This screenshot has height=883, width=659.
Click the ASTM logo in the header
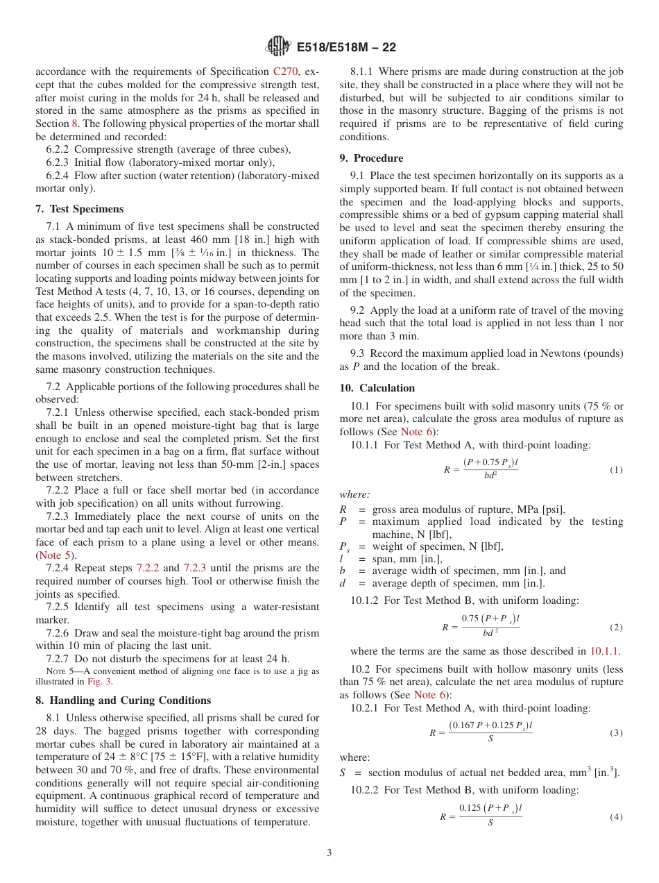(278, 47)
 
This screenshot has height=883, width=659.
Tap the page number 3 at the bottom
(329, 852)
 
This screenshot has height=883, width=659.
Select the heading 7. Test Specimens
(79, 209)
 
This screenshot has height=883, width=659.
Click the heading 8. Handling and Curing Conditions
(123, 700)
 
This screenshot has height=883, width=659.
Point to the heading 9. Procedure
(371, 158)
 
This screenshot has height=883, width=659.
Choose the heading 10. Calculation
(377, 387)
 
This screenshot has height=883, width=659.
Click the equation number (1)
(616, 470)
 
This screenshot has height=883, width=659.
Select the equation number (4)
(616, 817)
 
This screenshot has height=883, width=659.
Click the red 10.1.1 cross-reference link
(604, 651)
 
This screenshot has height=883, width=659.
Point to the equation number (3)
(616, 733)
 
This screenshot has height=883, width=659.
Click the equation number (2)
(616, 628)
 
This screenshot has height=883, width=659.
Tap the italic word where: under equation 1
(354, 494)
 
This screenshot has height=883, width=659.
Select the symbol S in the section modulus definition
(343, 773)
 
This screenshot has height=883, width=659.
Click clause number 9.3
(357, 353)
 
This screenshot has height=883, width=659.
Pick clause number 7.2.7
(59, 659)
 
